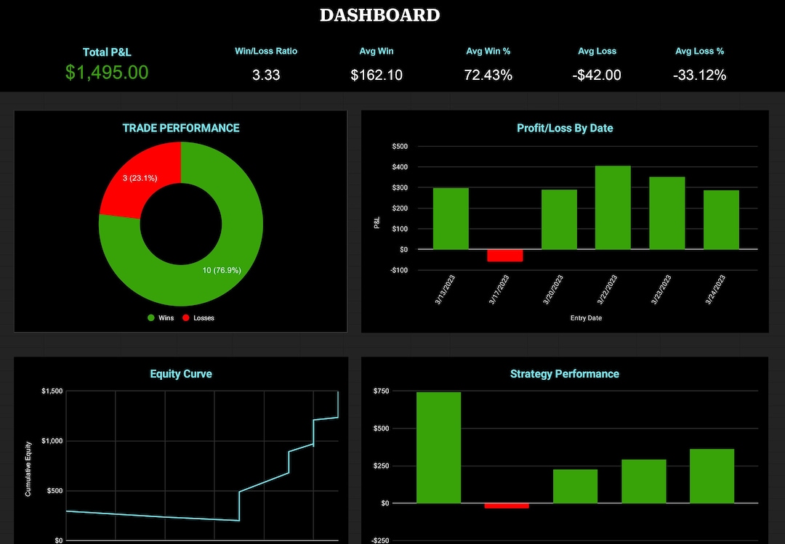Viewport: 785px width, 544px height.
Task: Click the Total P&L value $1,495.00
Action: pyautogui.click(x=107, y=72)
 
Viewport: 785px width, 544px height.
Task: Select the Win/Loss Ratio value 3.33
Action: pyautogui.click(x=266, y=75)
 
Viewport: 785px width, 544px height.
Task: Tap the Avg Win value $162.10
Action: pyautogui.click(x=377, y=75)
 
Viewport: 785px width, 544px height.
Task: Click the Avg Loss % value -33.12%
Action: pyautogui.click(x=699, y=75)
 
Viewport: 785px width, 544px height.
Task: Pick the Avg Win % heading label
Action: pyautogui.click(x=488, y=52)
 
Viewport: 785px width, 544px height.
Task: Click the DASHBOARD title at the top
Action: pyautogui.click(x=379, y=15)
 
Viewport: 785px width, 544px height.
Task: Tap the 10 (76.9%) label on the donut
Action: pyautogui.click(x=222, y=270)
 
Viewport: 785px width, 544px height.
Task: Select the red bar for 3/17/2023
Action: pyautogui.click(x=504, y=255)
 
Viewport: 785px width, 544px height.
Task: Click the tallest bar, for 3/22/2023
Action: pyautogui.click(x=613, y=207)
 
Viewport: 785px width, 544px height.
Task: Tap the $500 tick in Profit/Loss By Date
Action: pyautogui.click(x=400, y=147)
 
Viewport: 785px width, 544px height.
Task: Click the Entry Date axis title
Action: pyautogui.click(x=585, y=318)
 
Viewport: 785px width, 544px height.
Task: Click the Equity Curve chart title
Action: pyautogui.click(x=181, y=374)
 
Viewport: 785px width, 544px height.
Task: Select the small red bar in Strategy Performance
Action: pyautogui.click(x=507, y=506)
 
